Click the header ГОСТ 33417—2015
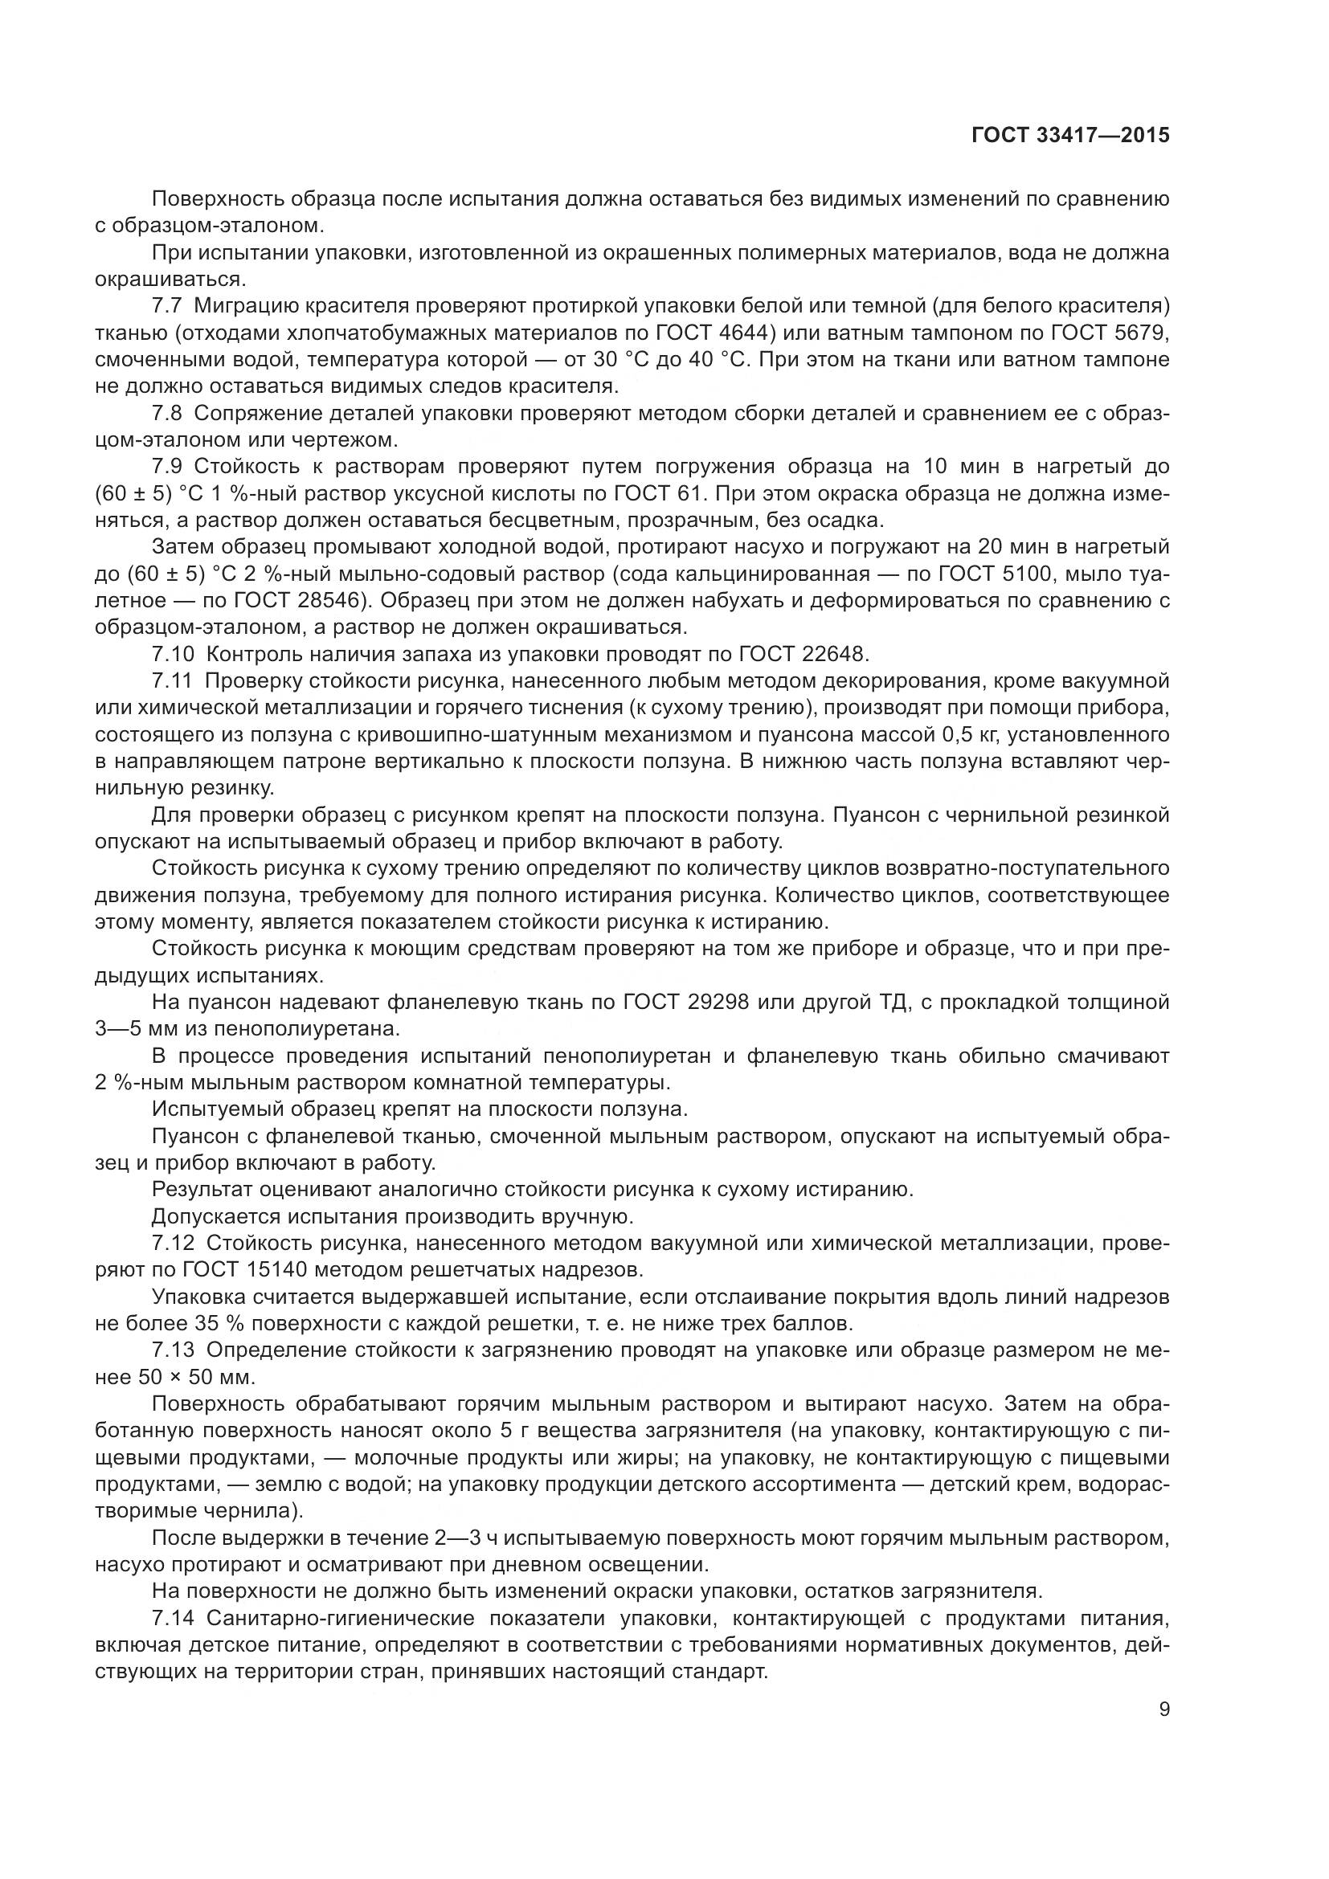tap(1070, 135)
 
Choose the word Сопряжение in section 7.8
tap(255, 413)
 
